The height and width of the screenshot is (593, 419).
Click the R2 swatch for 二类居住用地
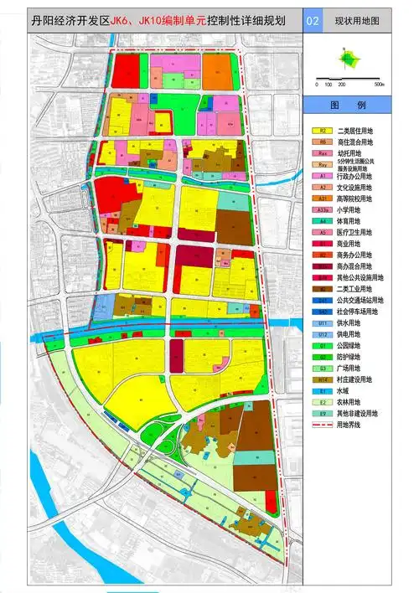323,131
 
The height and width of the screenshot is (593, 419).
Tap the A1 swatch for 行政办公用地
323,177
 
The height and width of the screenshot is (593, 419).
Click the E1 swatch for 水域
323,390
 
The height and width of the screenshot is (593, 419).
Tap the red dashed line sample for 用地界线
323,425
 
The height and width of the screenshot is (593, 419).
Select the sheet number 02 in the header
313,19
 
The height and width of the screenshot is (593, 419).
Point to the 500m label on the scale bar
379,85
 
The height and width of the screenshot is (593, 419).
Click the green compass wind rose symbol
347,58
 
